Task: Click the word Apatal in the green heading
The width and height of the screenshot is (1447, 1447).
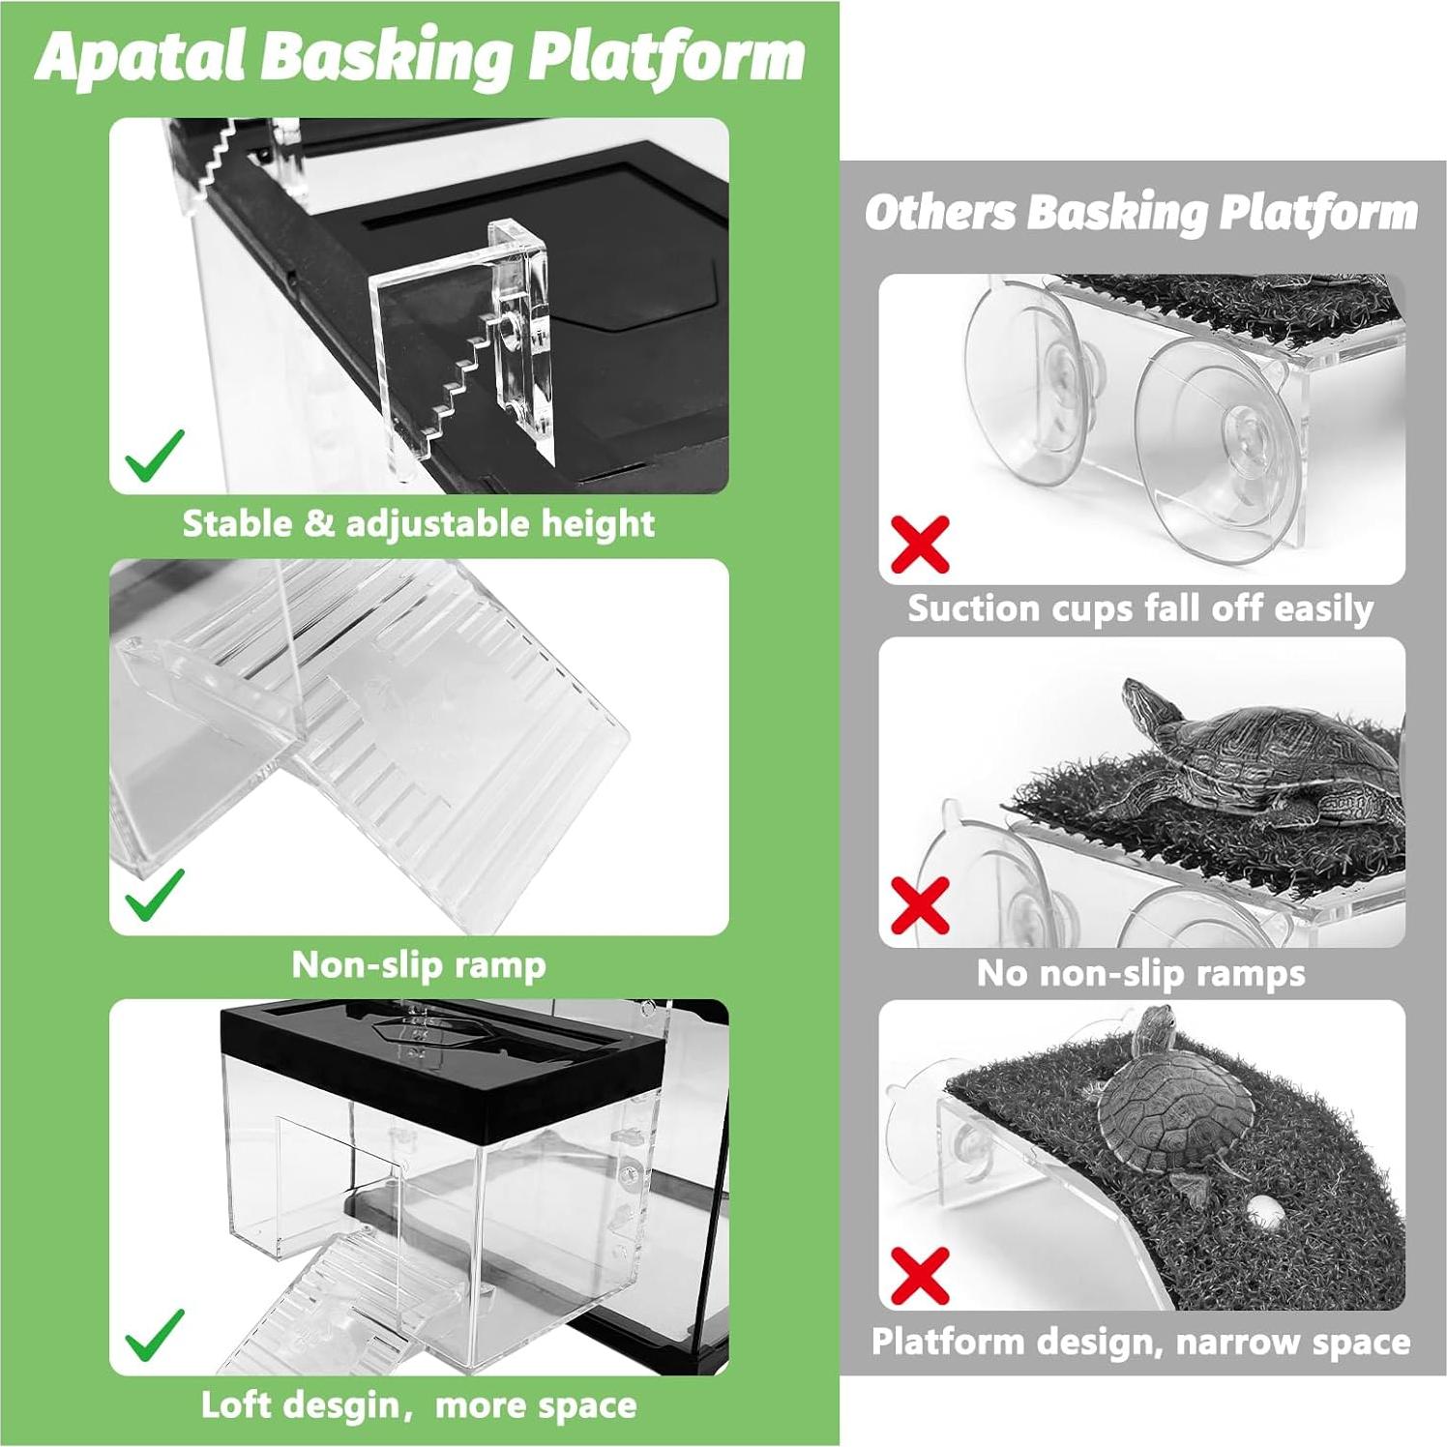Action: click(x=142, y=57)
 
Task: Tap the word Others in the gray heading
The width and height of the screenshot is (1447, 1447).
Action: click(x=940, y=212)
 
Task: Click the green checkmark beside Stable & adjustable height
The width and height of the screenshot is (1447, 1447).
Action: click(x=155, y=456)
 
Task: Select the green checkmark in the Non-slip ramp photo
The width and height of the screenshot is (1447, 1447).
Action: click(x=155, y=894)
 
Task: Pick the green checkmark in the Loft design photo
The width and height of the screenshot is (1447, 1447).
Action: click(x=155, y=1335)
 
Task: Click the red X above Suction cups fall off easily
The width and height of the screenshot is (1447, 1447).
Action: click(x=920, y=545)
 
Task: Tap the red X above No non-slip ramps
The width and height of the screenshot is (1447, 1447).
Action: click(x=920, y=905)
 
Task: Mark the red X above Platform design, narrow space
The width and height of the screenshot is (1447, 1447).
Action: click(x=920, y=1275)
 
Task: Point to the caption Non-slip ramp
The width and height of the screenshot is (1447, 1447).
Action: click(x=419, y=964)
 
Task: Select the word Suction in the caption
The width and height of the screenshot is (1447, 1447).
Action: click(x=970, y=608)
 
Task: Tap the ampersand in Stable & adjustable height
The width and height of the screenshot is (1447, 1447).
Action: click(x=318, y=524)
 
